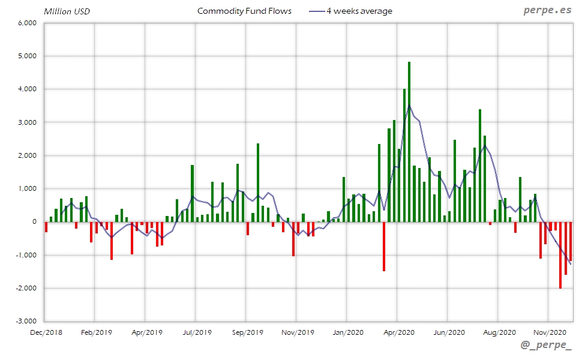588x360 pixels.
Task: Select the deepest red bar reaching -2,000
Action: click(x=560, y=255)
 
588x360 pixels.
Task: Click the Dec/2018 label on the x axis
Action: click(x=46, y=332)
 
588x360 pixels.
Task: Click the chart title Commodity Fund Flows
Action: click(x=244, y=11)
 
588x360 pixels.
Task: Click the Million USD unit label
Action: click(x=67, y=11)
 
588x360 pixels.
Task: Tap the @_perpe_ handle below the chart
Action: click(x=546, y=346)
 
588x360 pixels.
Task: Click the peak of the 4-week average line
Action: click(x=409, y=106)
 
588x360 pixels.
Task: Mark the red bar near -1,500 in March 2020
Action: click(x=384, y=246)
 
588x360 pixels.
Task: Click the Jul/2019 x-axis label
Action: click(x=197, y=332)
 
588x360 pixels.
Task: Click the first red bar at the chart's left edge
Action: click(x=46, y=227)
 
